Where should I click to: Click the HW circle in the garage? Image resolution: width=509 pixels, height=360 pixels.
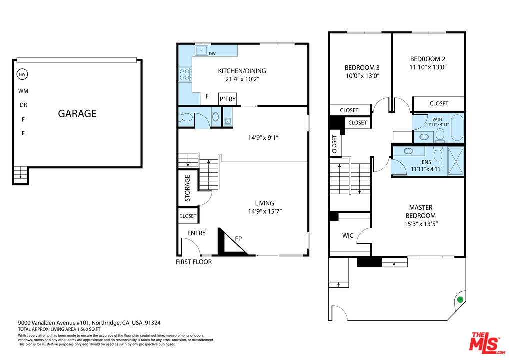pos(22,74)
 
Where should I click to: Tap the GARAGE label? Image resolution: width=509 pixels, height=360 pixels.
pos(77,113)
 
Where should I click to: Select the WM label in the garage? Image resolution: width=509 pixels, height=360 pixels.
pos(23,91)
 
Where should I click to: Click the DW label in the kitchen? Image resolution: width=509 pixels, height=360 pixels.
pos(212,54)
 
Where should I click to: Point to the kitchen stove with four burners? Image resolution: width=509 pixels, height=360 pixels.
pos(185,74)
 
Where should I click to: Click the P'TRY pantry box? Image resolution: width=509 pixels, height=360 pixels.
pos(228,99)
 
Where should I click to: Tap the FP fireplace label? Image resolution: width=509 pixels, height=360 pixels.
pos(238,239)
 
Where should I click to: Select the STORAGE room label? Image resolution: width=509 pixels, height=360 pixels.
pos(187,188)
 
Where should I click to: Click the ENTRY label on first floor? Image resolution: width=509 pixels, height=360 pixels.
pos(196,233)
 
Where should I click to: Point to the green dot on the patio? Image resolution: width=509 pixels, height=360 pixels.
pos(460,300)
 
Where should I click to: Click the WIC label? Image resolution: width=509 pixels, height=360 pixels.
pos(348,235)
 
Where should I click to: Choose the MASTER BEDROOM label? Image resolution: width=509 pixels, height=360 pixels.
pos(420,211)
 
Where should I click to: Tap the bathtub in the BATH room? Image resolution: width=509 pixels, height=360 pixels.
pos(457,127)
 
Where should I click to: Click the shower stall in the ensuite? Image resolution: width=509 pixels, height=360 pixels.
pos(456,161)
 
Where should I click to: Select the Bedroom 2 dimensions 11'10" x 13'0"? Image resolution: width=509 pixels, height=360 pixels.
pos(428,67)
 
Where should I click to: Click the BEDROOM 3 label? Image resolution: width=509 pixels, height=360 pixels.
pos(362,68)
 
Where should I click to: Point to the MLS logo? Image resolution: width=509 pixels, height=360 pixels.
pos(487,343)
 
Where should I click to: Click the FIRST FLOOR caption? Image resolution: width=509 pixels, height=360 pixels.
pos(194,262)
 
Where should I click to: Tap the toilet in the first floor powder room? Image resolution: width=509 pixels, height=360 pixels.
pos(185,117)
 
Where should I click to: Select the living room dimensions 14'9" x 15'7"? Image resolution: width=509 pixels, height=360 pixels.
pos(265,211)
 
